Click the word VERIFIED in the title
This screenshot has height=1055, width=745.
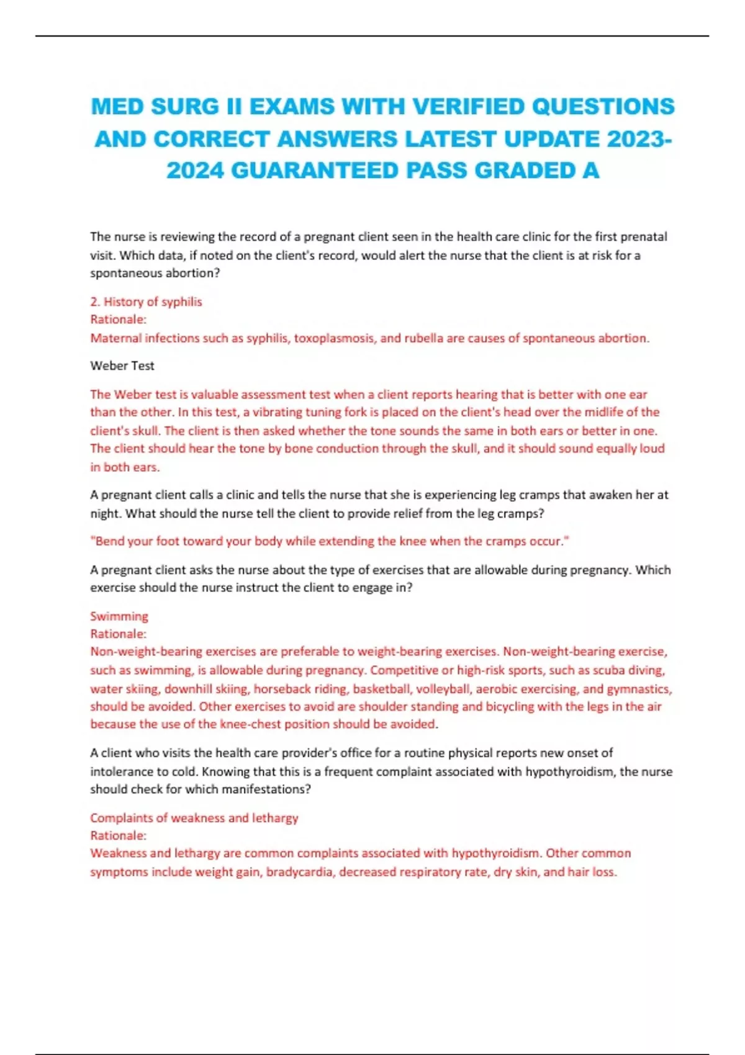[468, 107]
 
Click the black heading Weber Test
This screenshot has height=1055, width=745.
[122, 366]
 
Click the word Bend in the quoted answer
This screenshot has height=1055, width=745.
[109, 541]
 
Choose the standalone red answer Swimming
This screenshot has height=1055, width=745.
[119, 616]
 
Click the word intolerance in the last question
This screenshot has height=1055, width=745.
[120, 771]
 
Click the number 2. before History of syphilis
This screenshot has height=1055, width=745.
[95, 302]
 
